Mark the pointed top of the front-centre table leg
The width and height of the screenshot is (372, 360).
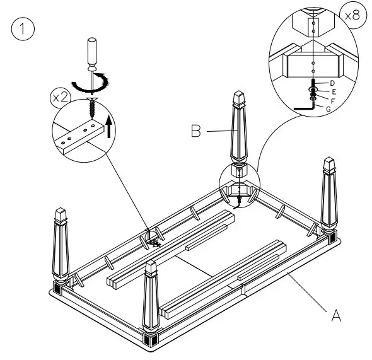(x=151, y=265)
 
